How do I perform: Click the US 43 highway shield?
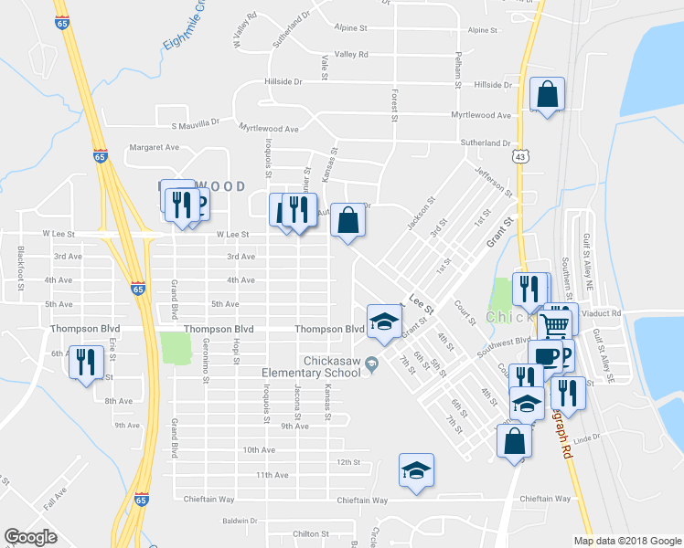(x=519, y=157)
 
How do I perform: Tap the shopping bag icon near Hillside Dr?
(x=547, y=94)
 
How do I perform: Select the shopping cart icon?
(x=557, y=324)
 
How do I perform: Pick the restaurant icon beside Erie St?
(x=86, y=362)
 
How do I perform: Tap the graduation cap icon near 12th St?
(x=416, y=470)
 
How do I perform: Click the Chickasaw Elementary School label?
(x=309, y=366)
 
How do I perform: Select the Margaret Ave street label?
(x=154, y=146)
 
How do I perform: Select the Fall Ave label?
(x=55, y=499)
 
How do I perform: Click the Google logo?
(x=30, y=537)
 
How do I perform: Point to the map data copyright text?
(x=626, y=541)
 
